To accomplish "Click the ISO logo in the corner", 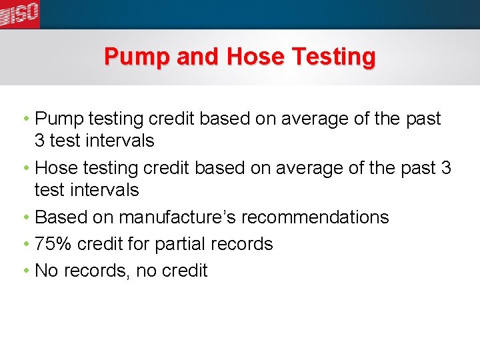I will (x=19, y=13).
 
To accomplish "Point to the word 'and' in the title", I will (x=199, y=57).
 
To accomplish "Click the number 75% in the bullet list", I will (x=53, y=244).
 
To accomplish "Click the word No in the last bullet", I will (x=46, y=271).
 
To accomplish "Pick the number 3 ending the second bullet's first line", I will (x=446, y=168).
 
